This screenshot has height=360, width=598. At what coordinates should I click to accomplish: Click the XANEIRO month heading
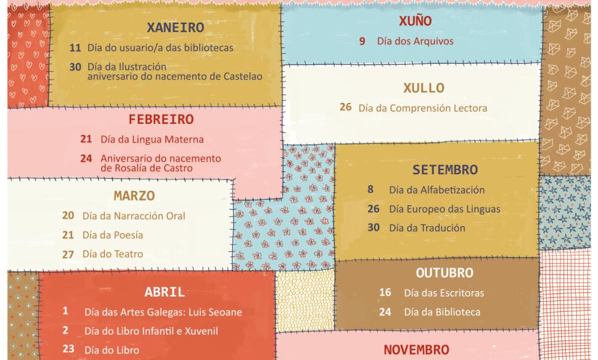coord(175,27)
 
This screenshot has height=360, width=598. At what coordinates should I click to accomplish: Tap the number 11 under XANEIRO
coord(75,47)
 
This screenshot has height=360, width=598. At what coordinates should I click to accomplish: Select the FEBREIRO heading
coord(161,120)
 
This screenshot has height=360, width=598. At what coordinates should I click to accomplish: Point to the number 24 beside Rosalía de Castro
coord(86,158)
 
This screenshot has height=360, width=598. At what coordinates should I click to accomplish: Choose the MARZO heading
coord(134,196)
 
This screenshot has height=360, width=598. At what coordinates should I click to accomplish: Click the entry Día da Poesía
coord(112,235)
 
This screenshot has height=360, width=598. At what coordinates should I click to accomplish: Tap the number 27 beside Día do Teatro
coord(68,254)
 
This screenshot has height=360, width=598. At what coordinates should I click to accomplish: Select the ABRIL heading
coord(165,292)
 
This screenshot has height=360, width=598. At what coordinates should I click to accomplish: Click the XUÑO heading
coord(416,22)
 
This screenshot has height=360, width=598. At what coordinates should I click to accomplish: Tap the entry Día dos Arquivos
coord(415,42)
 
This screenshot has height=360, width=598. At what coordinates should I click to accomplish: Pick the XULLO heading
coord(424,88)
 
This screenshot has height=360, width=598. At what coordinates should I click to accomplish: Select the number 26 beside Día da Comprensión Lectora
coord(346,108)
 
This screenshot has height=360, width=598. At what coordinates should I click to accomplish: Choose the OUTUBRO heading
coord(444,272)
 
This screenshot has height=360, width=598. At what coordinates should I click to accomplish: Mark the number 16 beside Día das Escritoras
coord(385,293)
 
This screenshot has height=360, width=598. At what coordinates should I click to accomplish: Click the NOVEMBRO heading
coord(416,350)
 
